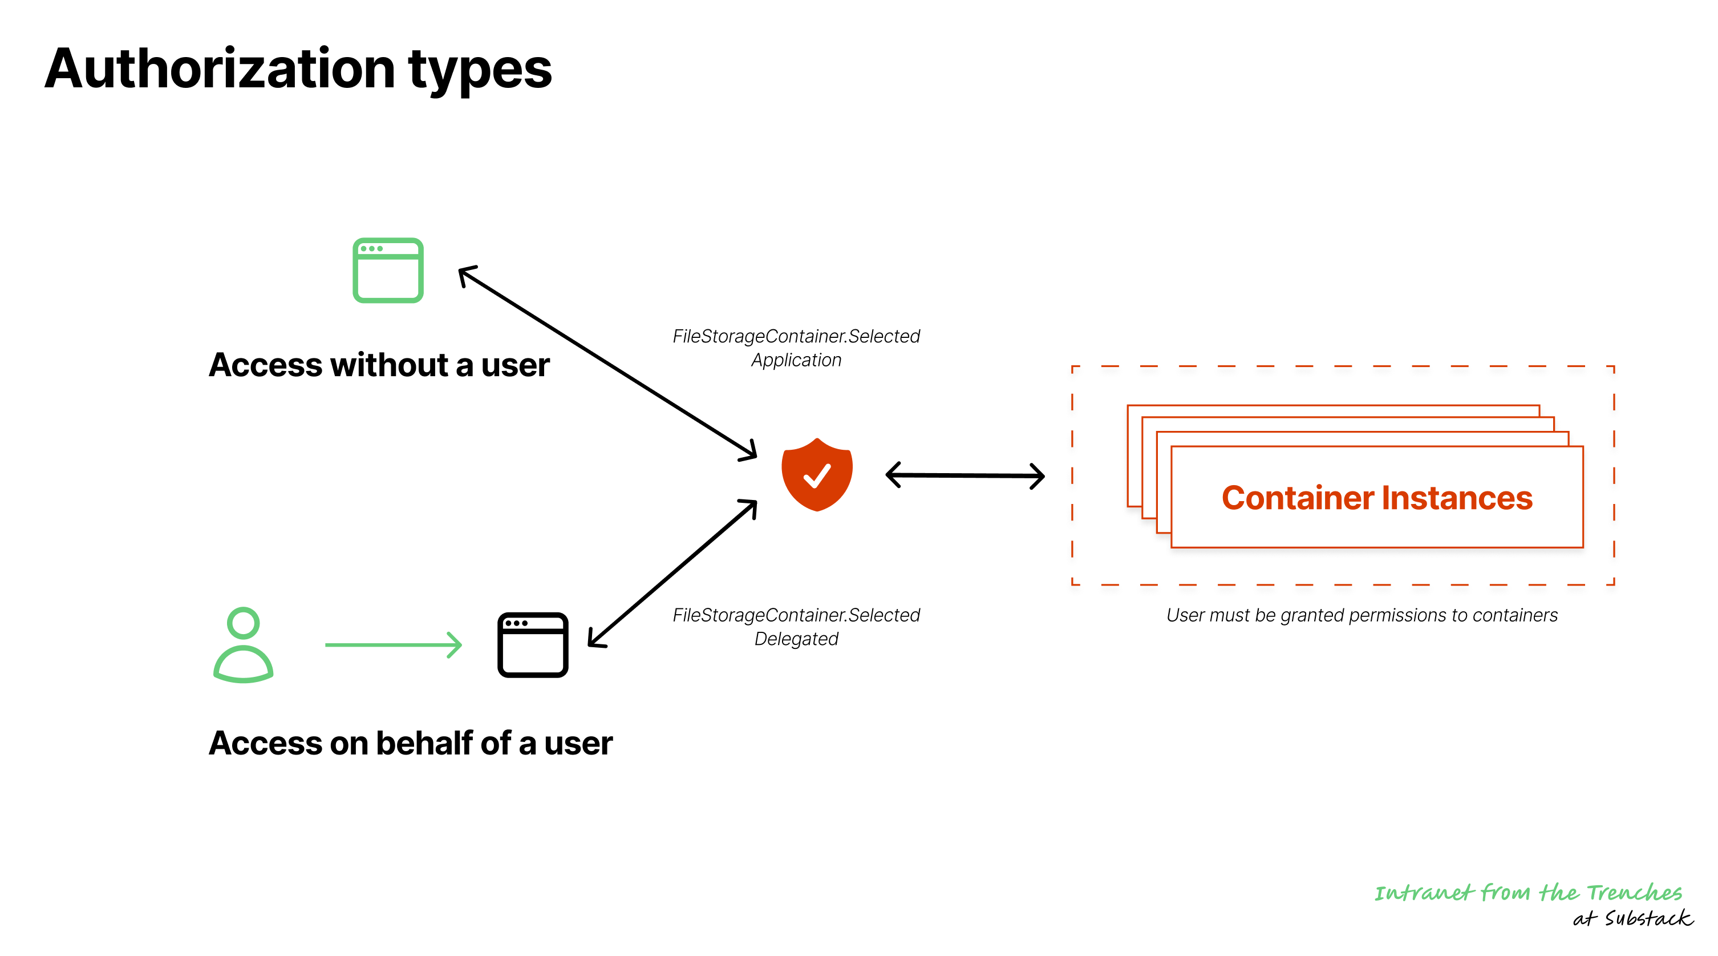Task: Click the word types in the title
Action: click(x=480, y=71)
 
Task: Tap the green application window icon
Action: click(x=387, y=270)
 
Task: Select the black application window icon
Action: click(x=532, y=644)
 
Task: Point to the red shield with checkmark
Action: click(x=816, y=474)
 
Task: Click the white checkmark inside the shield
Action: click(x=816, y=475)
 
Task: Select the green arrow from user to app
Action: click(x=394, y=644)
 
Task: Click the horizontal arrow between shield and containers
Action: click(x=965, y=475)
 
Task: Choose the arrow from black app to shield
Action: click(x=672, y=573)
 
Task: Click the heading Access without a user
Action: click(x=379, y=365)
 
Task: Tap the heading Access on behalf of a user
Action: click(x=410, y=743)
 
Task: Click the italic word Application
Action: click(x=796, y=360)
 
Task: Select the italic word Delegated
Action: click(x=796, y=639)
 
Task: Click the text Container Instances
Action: click(x=1376, y=498)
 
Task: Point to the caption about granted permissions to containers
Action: click(x=1361, y=615)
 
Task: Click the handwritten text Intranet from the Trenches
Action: click(x=1527, y=892)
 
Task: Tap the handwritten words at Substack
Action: click(x=1632, y=919)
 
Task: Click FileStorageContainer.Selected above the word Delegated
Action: click(x=796, y=615)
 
